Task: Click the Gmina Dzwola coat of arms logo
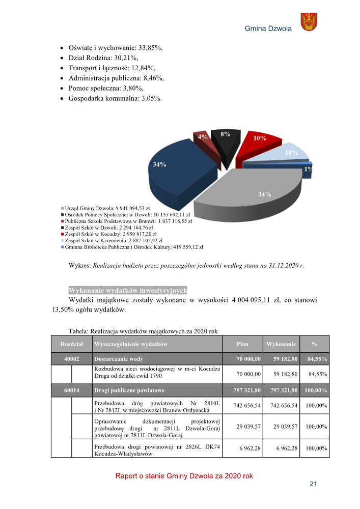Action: [309, 22]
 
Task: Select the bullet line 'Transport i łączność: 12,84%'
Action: [112, 68]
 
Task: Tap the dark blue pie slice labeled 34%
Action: [173, 173]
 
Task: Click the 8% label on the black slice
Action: [225, 134]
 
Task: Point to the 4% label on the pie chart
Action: [203, 137]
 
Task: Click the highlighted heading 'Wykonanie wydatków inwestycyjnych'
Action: [128, 290]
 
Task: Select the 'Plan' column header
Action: [242, 344]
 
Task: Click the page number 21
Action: [313, 484]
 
